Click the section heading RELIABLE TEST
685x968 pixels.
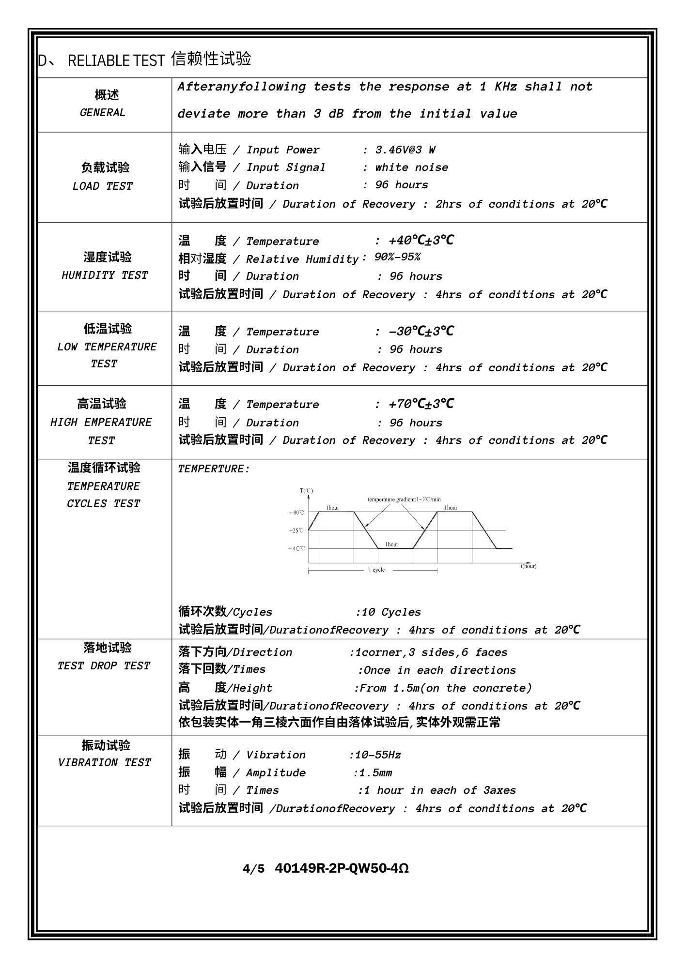tap(116, 60)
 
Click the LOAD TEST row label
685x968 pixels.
tap(103, 186)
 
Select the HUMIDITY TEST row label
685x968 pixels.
tap(105, 275)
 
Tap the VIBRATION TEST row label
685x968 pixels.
tap(105, 763)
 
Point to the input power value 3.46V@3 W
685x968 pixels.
tap(405, 150)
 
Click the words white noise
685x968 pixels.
tap(412, 167)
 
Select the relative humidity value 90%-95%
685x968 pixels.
tap(398, 257)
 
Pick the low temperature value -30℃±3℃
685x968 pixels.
tap(421, 332)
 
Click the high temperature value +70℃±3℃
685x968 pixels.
tap(421, 404)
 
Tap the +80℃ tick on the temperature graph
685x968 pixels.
tap(296, 513)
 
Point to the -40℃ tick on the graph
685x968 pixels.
tap(296, 549)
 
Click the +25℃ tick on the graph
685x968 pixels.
tap(296, 531)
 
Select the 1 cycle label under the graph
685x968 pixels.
tap(377, 570)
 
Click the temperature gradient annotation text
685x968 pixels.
tap(404, 499)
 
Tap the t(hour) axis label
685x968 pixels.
tap(529, 566)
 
